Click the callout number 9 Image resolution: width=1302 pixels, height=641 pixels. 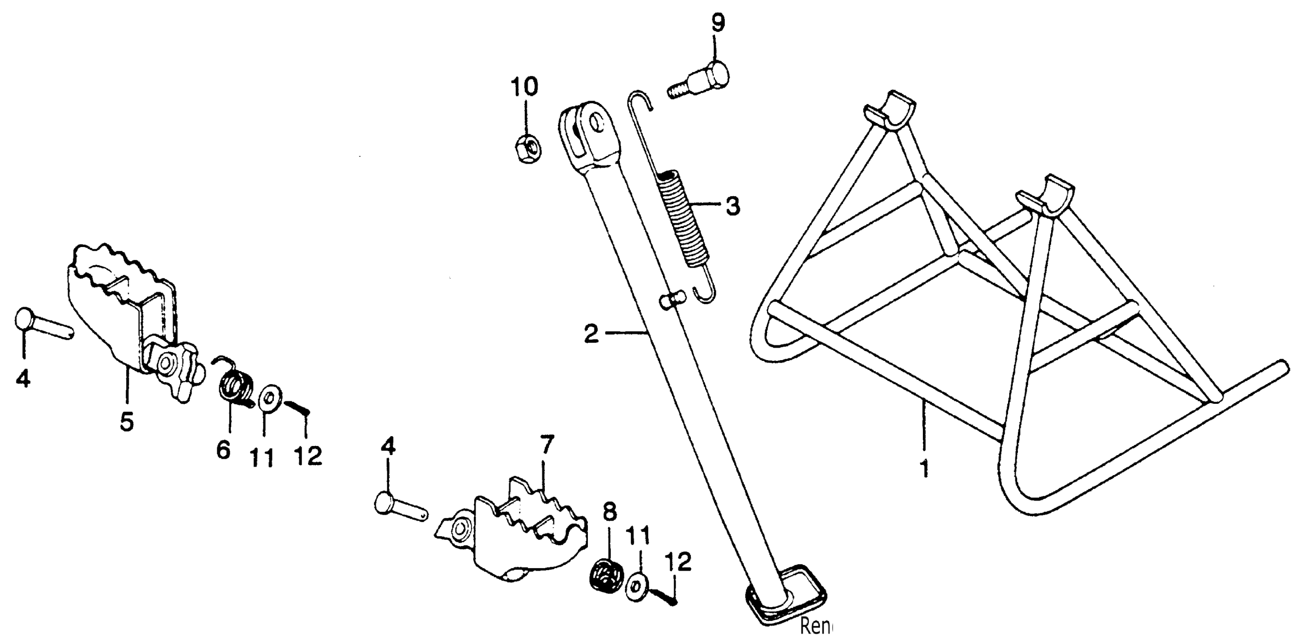pos(718,24)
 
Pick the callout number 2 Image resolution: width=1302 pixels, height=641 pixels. pos(591,334)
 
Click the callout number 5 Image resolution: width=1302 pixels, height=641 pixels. pos(126,421)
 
